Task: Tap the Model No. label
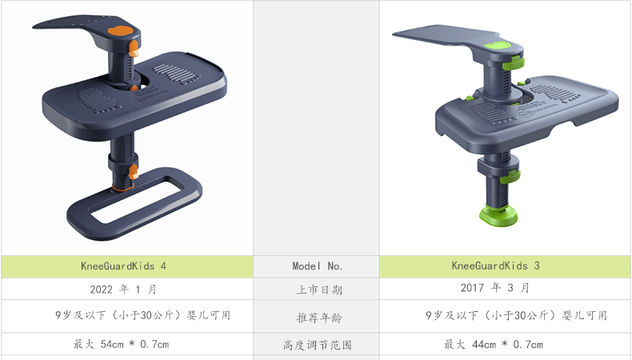318,266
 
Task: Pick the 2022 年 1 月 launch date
123,290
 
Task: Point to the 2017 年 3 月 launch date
494,288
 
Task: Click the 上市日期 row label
320,290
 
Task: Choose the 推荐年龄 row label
320,318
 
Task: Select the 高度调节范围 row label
318,345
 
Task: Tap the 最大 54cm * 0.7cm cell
121,344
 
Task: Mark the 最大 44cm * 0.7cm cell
494,345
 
